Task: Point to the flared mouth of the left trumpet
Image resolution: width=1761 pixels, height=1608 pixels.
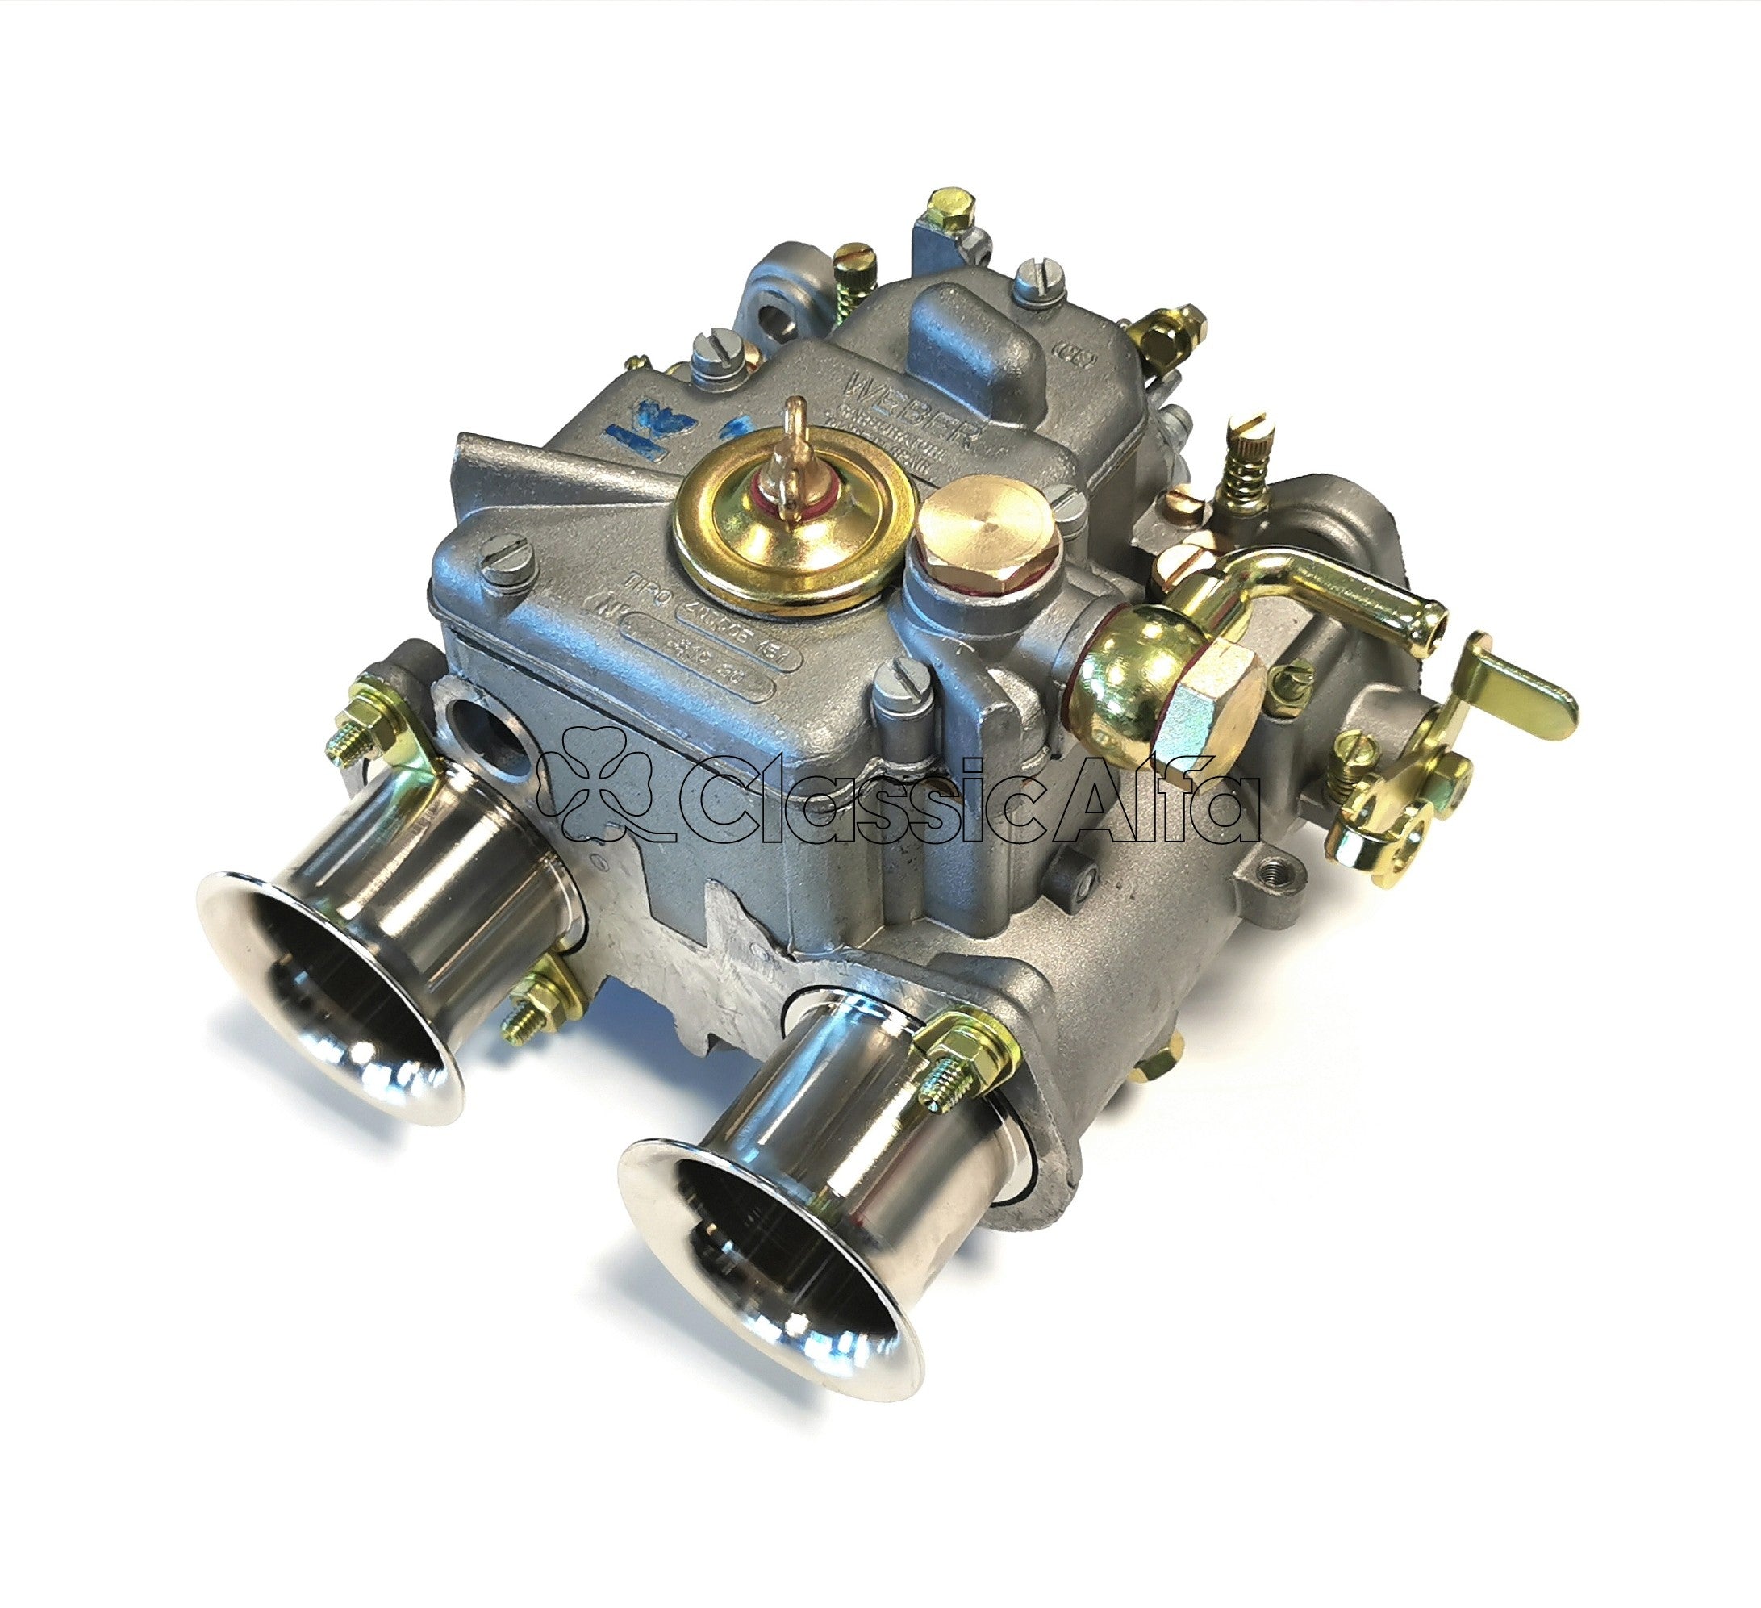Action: click(328, 996)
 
